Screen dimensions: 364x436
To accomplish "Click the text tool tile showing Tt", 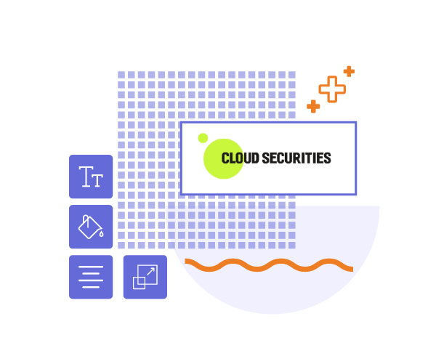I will pos(91,177).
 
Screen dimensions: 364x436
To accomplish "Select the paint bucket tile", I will pos(91,227).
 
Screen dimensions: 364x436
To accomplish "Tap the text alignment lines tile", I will pos(91,277).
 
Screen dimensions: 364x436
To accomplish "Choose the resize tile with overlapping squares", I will pos(145,277).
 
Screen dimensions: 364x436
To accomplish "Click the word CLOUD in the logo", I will pos(240,158).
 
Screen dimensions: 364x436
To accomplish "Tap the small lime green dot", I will pos(203,138).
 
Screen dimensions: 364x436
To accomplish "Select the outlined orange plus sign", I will pos(332,89).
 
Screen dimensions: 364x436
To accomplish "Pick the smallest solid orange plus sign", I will pos(349,71).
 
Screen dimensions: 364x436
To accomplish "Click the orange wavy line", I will pos(269,265).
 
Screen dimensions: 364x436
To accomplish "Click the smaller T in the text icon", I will pos(97,179).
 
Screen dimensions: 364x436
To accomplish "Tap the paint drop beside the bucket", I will pos(102,234).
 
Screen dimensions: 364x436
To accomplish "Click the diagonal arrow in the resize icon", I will pos(150,271).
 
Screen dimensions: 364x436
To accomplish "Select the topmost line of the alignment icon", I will pos(91,267).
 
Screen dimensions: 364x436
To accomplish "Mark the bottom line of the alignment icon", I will pos(91,287).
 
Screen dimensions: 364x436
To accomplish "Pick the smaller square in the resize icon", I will pos(139,283).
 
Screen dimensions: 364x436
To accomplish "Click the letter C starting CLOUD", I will pos(225,158).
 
